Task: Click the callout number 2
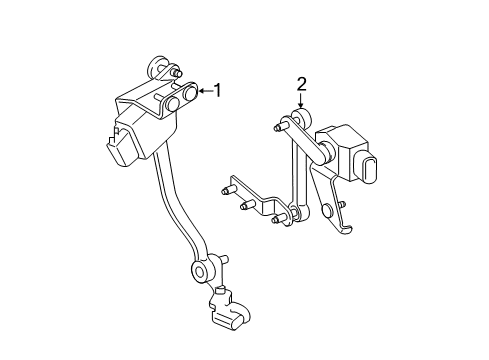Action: [x=300, y=84]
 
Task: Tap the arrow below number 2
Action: [x=300, y=103]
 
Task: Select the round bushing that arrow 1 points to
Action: [x=188, y=96]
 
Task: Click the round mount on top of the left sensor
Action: [x=157, y=68]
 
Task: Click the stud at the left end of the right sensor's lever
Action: [x=277, y=127]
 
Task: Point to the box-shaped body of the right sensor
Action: [x=346, y=145]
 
